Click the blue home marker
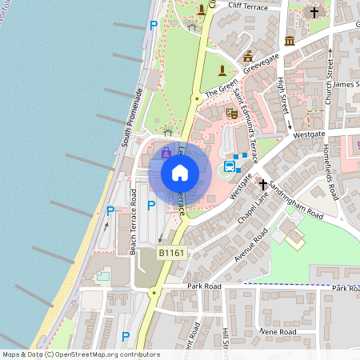(x=180, y=172)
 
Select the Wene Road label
(x=277, y=332)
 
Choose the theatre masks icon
(x=232, y=114)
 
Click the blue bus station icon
(x=230, y=167)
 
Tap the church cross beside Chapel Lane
(x=262, y=183)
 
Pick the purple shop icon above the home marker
(x=166, y=151)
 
